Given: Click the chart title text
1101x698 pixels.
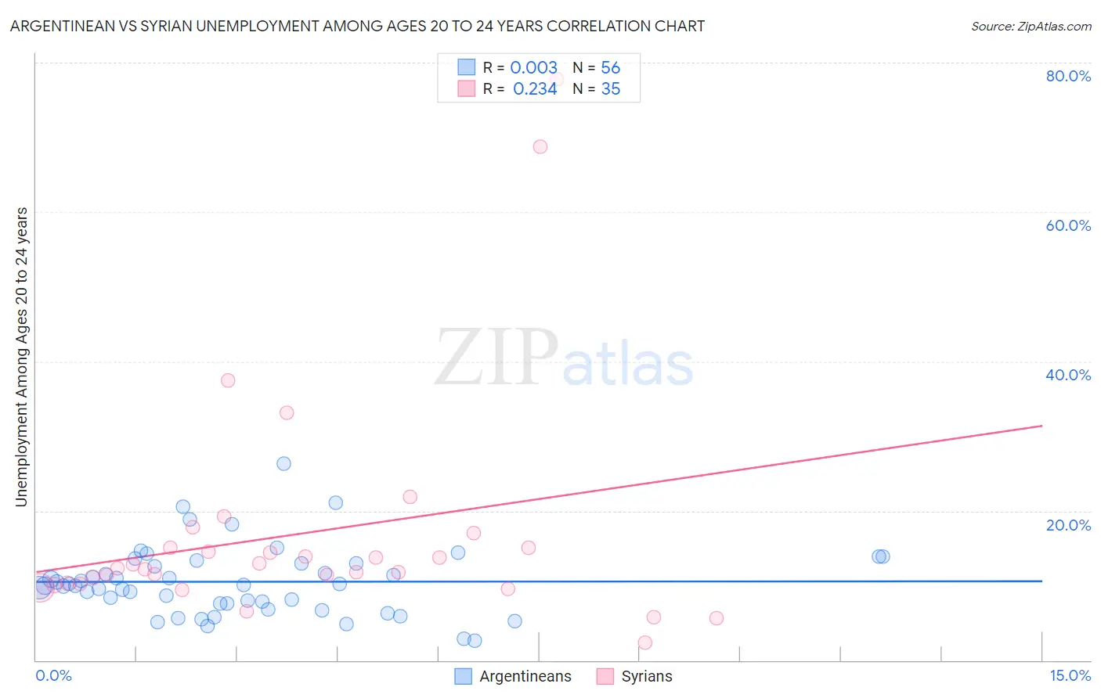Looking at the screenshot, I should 357,26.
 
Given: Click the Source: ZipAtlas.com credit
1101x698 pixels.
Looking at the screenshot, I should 1031,26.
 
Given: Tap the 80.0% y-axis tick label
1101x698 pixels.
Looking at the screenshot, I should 1068,76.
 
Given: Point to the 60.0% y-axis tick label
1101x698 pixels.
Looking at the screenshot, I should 1068,225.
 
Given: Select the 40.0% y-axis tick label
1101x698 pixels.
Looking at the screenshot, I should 1068,375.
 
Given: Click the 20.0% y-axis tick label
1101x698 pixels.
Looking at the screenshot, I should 1068,524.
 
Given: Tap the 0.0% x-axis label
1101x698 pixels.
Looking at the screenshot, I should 53,675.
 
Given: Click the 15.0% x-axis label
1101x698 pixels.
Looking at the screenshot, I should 1070,675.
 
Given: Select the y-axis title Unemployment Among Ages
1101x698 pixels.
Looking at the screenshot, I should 22,357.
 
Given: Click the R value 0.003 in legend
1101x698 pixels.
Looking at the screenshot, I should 533,68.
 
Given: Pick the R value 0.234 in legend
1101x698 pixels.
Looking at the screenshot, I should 535,89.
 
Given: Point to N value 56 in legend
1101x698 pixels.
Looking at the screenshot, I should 610,68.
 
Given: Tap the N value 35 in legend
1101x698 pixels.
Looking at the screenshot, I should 610,89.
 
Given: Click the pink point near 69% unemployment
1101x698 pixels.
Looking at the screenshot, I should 540,146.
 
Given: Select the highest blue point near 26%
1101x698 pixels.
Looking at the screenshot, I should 283,463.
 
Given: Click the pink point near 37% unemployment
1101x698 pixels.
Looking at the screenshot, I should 228,380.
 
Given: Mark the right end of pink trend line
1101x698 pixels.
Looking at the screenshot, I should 1041,426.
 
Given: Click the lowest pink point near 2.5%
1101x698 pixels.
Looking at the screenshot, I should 644,642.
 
